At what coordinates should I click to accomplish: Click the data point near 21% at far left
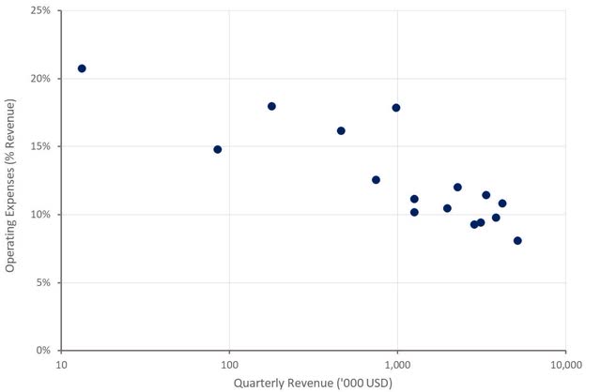[x=82, y=68]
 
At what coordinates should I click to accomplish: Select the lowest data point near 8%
[x=517, y=241]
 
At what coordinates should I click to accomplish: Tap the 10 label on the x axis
[x=62, y=365]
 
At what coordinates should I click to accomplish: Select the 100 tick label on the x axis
[x=229, y=365]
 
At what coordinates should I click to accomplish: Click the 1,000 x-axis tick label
[x=397, y=365]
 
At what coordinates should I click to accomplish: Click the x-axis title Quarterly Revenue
[x=314, y=383]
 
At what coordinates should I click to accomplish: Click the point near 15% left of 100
[x=218, y=149]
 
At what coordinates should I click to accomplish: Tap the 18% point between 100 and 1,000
[x=271, y=106]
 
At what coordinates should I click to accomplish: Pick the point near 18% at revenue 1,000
[x=396, y=108]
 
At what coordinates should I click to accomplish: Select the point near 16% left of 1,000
[x=341, y=130]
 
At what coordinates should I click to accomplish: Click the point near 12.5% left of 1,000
[x=376, y=180]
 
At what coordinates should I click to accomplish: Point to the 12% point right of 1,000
[x=457, y=188]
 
